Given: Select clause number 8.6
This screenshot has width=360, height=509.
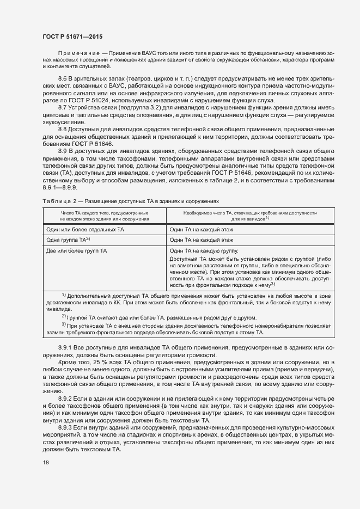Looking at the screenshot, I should [63, 79].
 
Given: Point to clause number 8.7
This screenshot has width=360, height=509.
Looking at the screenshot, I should [63, 107].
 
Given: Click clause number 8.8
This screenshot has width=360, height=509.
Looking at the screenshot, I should [63, 128].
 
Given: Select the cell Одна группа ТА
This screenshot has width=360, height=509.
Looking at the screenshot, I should [69, 240].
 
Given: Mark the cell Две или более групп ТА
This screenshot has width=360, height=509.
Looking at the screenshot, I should [77, 250].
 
